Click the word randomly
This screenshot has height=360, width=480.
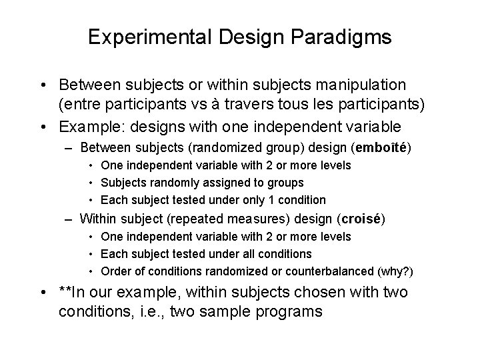[x=180, y=182]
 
